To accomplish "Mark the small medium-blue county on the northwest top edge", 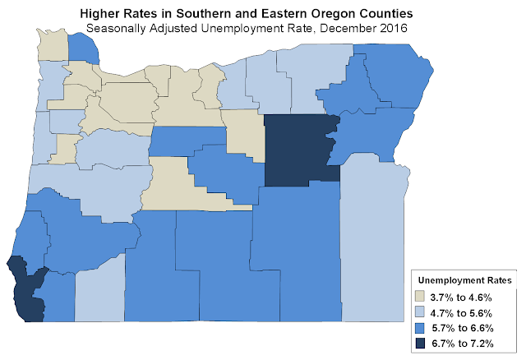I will (x=81, y=48).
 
